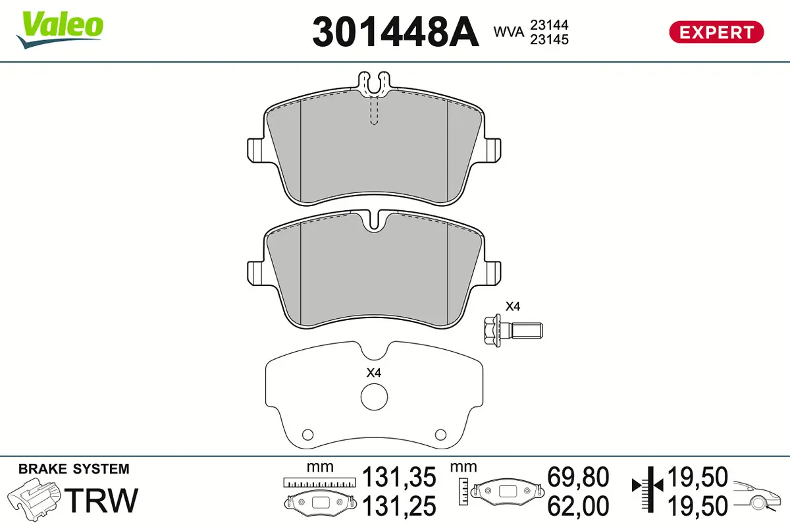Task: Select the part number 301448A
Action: click(x=395, y=31)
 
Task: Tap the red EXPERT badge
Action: click(x=716, y=32)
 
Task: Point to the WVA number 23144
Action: click(x=550, y=24)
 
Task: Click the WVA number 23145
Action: click(x=550, y=40)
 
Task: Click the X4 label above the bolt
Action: click(x=512, y=306)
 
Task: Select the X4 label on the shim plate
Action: click(x=374, y=373)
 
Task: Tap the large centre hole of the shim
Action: click(x=374, y=397)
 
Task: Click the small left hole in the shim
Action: click(x=307, y=433)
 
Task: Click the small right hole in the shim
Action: click(x=441, y=433)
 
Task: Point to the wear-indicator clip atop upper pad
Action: click(x=373, y=82)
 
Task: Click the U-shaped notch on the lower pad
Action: click(x=373, y=221)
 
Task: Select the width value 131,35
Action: click(x=400, y=476)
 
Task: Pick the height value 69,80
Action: click(x=578, y=476)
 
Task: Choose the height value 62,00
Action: click(x=578, y=506)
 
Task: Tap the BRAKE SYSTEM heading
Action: click(x=74, y=469)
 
